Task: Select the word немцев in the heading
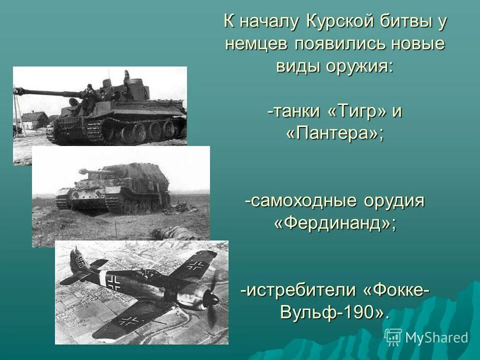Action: pos(256,44)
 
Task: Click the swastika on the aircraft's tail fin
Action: pos(79,259)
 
